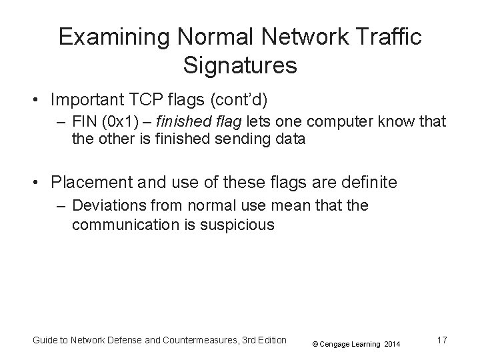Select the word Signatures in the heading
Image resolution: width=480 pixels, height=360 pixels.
(x=239, y=66)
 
